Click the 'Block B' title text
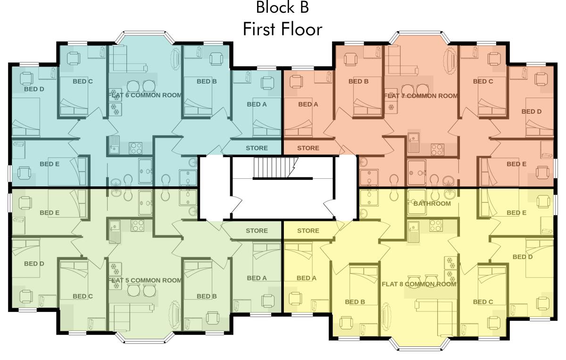pyautogui.click(x=283, y=8)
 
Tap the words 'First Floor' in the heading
pyautogui.click(x=283, y=29)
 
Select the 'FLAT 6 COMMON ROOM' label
pyautogui.click(x=145, y=95)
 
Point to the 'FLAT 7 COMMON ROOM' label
pyautogui.click(x=421, y=96)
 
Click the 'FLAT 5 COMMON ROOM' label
pyautogui.click(x=145, y=280)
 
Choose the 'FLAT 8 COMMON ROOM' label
pyautogui.click(x=419, y=284)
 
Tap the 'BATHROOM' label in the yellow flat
pyautogui.click(x=432, y=204)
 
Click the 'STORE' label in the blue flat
pyautogui.click(x=257, y=148)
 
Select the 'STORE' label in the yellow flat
pyautogui.click(x=308, y=231)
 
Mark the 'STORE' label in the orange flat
pyautogui.click(x=308, y=148)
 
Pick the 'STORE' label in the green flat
pyautogui.click(x=257, y=231)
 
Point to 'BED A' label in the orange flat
pyautogui.click(x=308, y=104)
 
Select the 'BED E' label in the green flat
pyautogui.click(x=50, y=213)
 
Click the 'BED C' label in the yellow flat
pyautogui.click(x=483, y=302)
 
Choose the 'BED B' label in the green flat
pyautogui.click(x=207, y=296)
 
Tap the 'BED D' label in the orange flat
pyautogui.click(x=532, y=112)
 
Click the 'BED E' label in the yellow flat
pyautogui.click(x=516, y=213)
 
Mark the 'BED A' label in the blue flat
pyautogui.click(x=257, y=104)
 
